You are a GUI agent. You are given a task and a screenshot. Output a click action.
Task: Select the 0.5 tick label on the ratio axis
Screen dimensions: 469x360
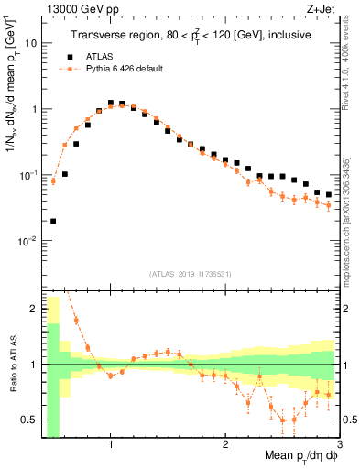[28, 420]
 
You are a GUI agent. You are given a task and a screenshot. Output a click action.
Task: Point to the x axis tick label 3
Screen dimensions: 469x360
[339, 443]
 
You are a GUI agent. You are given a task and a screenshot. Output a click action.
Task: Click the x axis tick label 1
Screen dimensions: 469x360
[111, 443]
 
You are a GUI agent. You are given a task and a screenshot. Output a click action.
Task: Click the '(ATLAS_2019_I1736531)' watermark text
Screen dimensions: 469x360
[190, 274]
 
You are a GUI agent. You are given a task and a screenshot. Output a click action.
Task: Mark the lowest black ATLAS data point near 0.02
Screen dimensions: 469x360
[53, 221]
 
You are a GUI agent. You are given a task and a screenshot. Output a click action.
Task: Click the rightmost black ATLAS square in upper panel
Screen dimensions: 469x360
[329, 194]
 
